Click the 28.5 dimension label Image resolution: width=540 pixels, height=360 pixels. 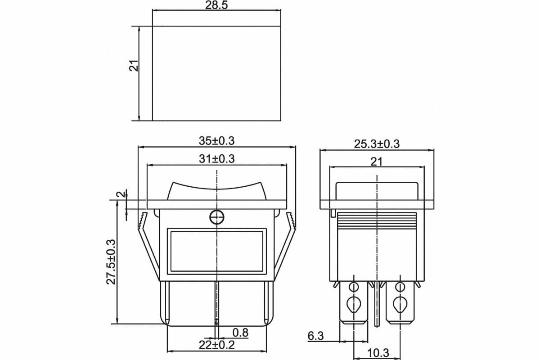pos(216,5)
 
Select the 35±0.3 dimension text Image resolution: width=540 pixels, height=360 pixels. pos(216,141)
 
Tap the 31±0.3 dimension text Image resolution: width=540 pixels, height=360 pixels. pos(216,159)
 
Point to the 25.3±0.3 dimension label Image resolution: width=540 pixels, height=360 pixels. pos(377,144)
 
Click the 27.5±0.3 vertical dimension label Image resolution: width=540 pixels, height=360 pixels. pos(111,262)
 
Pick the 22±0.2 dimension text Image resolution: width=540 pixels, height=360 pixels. pos(216,345)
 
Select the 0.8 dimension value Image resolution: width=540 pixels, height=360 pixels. pos(240,333)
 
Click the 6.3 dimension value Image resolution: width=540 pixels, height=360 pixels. pos(315,336)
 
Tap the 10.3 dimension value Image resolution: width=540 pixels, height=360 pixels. pos(378,353)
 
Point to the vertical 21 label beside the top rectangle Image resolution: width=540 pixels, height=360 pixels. pos(134,65)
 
